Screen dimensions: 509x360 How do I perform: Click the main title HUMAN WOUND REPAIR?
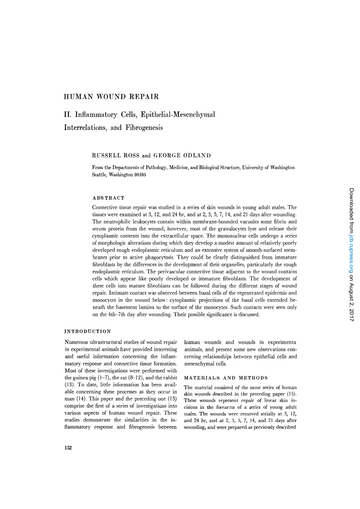111,97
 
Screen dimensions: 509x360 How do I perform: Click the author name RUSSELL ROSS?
116,156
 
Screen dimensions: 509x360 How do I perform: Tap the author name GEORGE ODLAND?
182,156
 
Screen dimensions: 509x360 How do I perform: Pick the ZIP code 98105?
140,175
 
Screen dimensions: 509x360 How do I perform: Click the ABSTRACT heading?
108,198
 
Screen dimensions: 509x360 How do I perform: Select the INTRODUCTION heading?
87,331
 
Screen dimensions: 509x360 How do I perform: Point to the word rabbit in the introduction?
169,378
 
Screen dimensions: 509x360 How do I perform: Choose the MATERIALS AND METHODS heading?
226,378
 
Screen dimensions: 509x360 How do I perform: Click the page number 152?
68,448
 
